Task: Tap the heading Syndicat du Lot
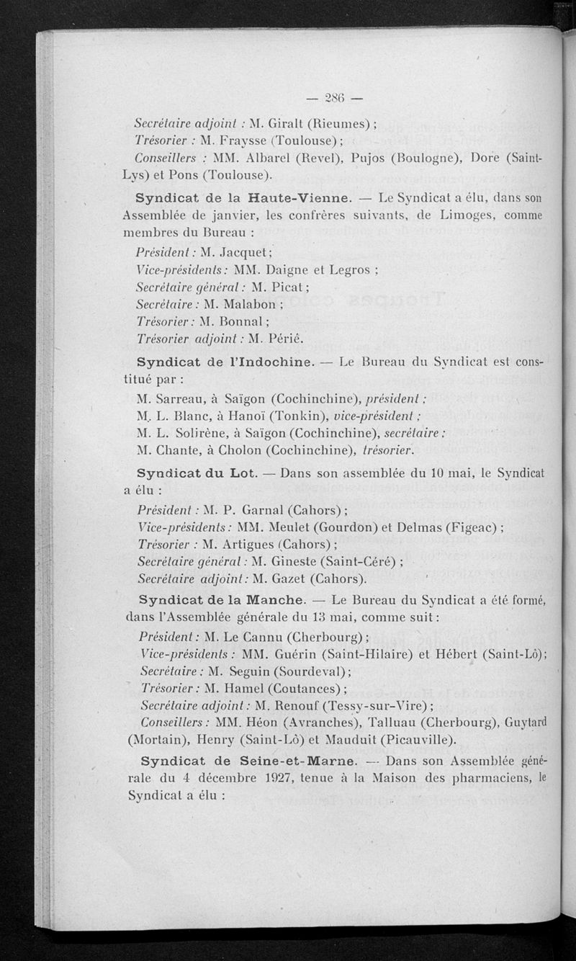(193, 473)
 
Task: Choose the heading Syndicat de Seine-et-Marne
(248, 761)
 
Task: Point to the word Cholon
(238, 451)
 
